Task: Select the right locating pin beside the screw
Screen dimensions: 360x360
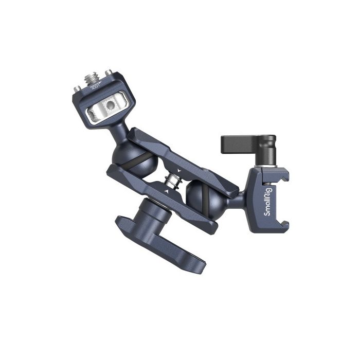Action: [x=109, y=73]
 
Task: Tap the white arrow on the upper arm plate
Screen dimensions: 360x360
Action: [x=177, y=169]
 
